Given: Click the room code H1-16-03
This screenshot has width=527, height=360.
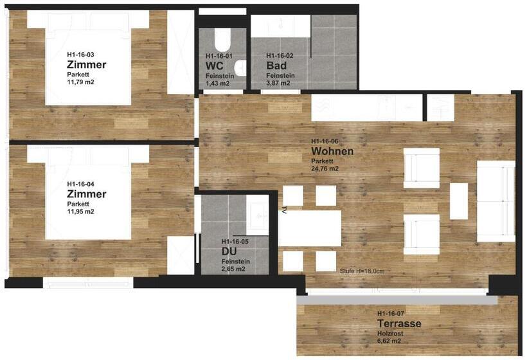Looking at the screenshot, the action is point(80,55).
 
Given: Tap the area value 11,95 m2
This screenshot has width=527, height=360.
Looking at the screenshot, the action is point(80,212).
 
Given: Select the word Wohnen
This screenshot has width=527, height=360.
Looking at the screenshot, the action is point(332,151).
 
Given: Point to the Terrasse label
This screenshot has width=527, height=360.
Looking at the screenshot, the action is point(399,323).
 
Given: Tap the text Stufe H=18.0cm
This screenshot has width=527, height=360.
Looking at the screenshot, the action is point(362,271).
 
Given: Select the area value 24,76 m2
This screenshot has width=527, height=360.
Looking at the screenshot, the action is point(325,168).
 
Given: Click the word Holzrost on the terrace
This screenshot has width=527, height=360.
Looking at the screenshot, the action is point(390,334).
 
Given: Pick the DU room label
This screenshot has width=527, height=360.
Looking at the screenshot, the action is point(229,251).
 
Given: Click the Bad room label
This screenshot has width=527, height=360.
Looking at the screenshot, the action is point(276,65).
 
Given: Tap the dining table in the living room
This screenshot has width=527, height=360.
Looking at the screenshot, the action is point(310,228).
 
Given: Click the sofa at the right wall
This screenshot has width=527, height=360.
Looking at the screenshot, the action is point(496,201).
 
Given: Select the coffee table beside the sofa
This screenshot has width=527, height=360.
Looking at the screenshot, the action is point(459,201).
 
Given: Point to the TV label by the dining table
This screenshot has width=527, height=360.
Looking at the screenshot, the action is point(283,210).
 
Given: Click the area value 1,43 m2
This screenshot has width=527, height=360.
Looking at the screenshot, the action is point(217,83).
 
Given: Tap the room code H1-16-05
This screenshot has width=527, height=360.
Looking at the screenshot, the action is point(235,242).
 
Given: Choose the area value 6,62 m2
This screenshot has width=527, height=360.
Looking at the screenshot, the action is point(389,341).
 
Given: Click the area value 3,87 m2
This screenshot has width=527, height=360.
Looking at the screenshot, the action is point(278,83).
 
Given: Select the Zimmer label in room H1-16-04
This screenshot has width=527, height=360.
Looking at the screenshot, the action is point(86,194).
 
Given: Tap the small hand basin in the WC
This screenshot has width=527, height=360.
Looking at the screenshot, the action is point(241,69).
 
